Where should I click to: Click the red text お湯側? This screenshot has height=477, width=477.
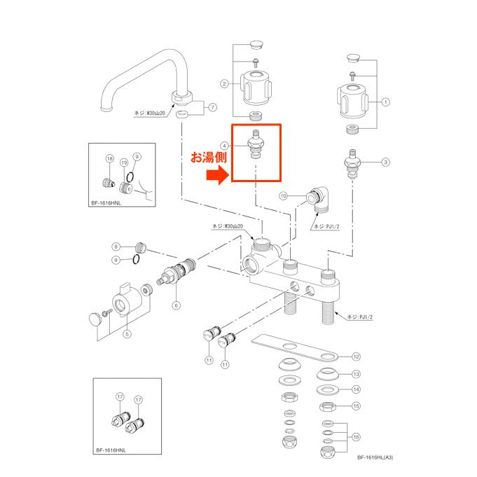(209, 158)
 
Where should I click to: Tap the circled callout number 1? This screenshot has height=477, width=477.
(385, 102)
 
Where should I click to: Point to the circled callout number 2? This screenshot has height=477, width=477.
(224, 83)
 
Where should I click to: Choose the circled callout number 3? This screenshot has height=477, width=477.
(385, 163)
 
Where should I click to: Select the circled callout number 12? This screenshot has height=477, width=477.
(356, 356)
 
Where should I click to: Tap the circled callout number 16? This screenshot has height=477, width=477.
(356, 437)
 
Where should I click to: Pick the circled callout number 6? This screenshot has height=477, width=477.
(177, 305)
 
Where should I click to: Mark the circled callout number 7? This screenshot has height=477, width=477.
(214, 107)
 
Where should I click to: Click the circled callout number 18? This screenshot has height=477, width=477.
(109, 160)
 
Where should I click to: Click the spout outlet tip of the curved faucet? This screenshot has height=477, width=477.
(106, 109)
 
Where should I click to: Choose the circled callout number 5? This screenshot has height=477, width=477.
(127, 334)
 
